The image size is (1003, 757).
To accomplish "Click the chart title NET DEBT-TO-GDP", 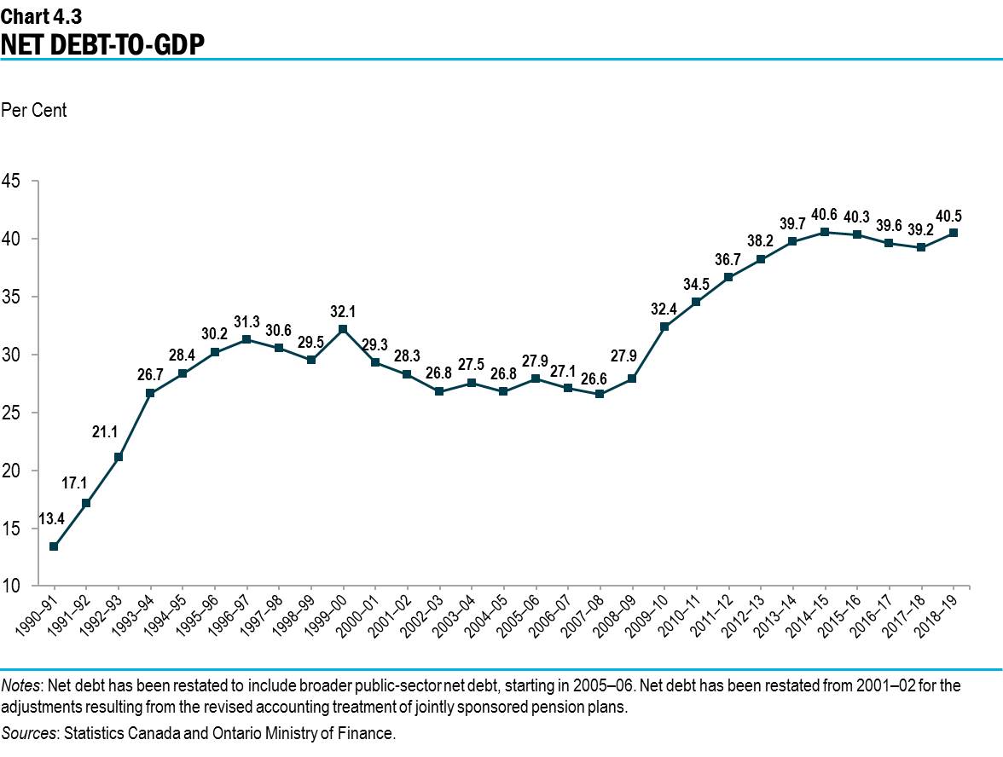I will [103, 43].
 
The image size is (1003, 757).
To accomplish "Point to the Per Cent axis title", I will [34, 111].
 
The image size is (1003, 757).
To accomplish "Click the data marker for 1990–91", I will [54, 546].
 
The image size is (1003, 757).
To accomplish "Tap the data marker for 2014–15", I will [825, 231].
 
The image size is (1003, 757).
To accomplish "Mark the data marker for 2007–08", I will [600, 394].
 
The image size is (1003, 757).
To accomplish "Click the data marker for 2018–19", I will [954, 233].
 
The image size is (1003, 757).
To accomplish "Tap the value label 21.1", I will [107, 432].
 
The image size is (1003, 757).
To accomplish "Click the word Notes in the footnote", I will [21, 685].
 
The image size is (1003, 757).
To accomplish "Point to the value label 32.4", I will [664, 309].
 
